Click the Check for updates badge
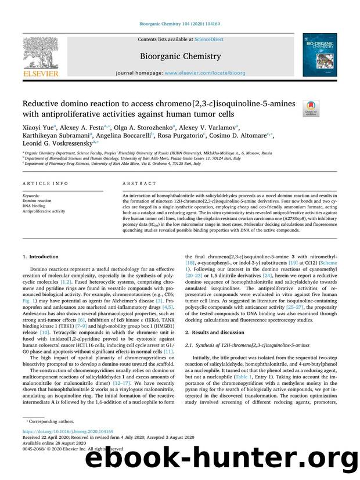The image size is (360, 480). pos(311,109)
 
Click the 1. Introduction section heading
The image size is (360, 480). pos(40,257)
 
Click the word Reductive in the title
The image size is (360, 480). pos(43,103)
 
